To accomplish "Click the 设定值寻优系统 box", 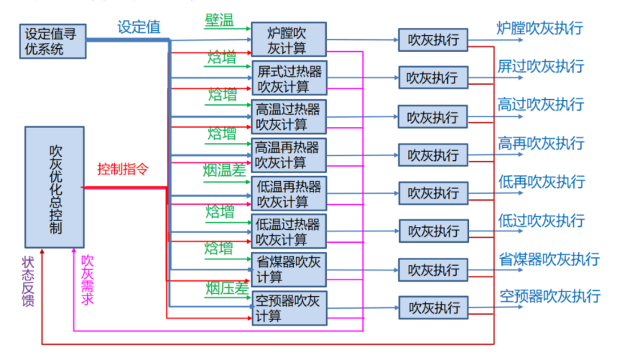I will pyautogui.click(x=53, y=41).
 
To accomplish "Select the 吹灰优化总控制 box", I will pyautogui.click(x=55, y=186).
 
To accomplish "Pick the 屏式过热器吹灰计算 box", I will pyautogui.click(x=289, y=78).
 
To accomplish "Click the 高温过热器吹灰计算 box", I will pyautogui.click(x=289, y=117).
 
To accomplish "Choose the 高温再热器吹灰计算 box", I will pyautogui.click(x=289, y=155).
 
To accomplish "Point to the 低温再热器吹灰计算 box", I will pyautogui.click(x=289, y=194).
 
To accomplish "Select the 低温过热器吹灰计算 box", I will pyautogui.click(x=289, y=231).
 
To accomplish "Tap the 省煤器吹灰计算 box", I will pyautogui.click(x=289, y=270).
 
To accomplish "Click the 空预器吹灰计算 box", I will pyautogui.click(x=289, y=308).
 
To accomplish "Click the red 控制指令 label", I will pyautogui.click(x=122, y=169).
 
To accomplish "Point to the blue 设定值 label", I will pyautogui.click(x=139, y=27).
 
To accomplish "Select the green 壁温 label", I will pyautogui.click(x=219, y=21).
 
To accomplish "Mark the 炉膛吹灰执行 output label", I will pyautogui.click(x=540, y=27).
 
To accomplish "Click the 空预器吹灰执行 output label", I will pyautogui.click(x=550, y=296).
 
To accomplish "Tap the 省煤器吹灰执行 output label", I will pyautogui.click(x=549, y=258).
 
